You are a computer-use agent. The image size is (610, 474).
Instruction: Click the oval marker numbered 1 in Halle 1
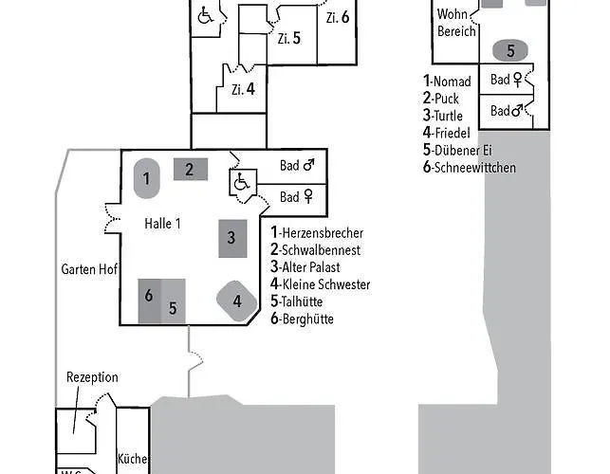point(146,177)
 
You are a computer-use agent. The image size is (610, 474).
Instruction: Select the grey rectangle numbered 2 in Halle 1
point(190,170)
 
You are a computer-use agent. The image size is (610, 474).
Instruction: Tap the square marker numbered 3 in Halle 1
point(231,238)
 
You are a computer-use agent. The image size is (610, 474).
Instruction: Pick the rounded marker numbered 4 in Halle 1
point(237,302)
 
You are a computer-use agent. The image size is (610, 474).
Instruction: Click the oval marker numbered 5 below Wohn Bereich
point(510,50)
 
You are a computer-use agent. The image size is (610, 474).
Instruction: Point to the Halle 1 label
point(162,224)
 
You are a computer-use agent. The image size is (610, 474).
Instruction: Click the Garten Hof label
point(89,269)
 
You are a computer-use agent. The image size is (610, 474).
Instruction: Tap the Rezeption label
point(92,377)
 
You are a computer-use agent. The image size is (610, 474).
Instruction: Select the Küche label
point(133,459)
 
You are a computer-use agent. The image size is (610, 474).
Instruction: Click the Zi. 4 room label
point(243,89)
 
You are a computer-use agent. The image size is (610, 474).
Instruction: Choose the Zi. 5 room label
point(289,39)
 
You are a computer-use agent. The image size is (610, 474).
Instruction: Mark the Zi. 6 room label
point(337,17)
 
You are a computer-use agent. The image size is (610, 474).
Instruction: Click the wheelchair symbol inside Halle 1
point(241,181)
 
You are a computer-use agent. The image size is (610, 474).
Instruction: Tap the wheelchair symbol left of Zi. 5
point(205,15)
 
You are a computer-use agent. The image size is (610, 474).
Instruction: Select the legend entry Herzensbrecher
point(317,232)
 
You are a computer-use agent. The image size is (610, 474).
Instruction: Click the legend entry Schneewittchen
point(471,168)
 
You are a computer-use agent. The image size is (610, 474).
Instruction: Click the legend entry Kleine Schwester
point(320,284)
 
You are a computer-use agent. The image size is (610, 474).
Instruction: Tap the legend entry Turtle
point(447,116)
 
